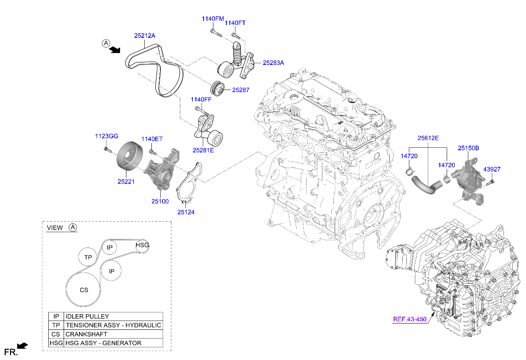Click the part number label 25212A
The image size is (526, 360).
pyautogui.click(x=145, y=36)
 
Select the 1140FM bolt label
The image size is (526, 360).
pyautogui.click(x=213, y=19)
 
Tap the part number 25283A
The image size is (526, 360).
pyautogui.click(x=273, y=63)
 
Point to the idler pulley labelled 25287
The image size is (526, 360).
pyautogui.click(x=218, y=88)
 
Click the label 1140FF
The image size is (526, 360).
pyautogui.click(x=201, y=99)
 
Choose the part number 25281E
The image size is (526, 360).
pyautogui.click(x=203, y=150)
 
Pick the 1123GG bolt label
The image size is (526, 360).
pyautogui.click(x=106, y=136)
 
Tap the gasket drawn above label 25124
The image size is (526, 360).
pyautogui.click(x=189, y=184)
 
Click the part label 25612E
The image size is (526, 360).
pyautogui.click(x=428, y=138)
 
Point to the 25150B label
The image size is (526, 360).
pyautogui.click(x=468, y=148)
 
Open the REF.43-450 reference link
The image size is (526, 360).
pyautogui.click(x=409, y=319)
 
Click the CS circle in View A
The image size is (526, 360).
pyautogui.click(x=84, y=290)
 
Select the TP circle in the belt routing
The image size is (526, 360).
pyautogui.click(x=88, y=257)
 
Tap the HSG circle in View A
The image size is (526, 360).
pyautogui.click(x=142, y=245)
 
